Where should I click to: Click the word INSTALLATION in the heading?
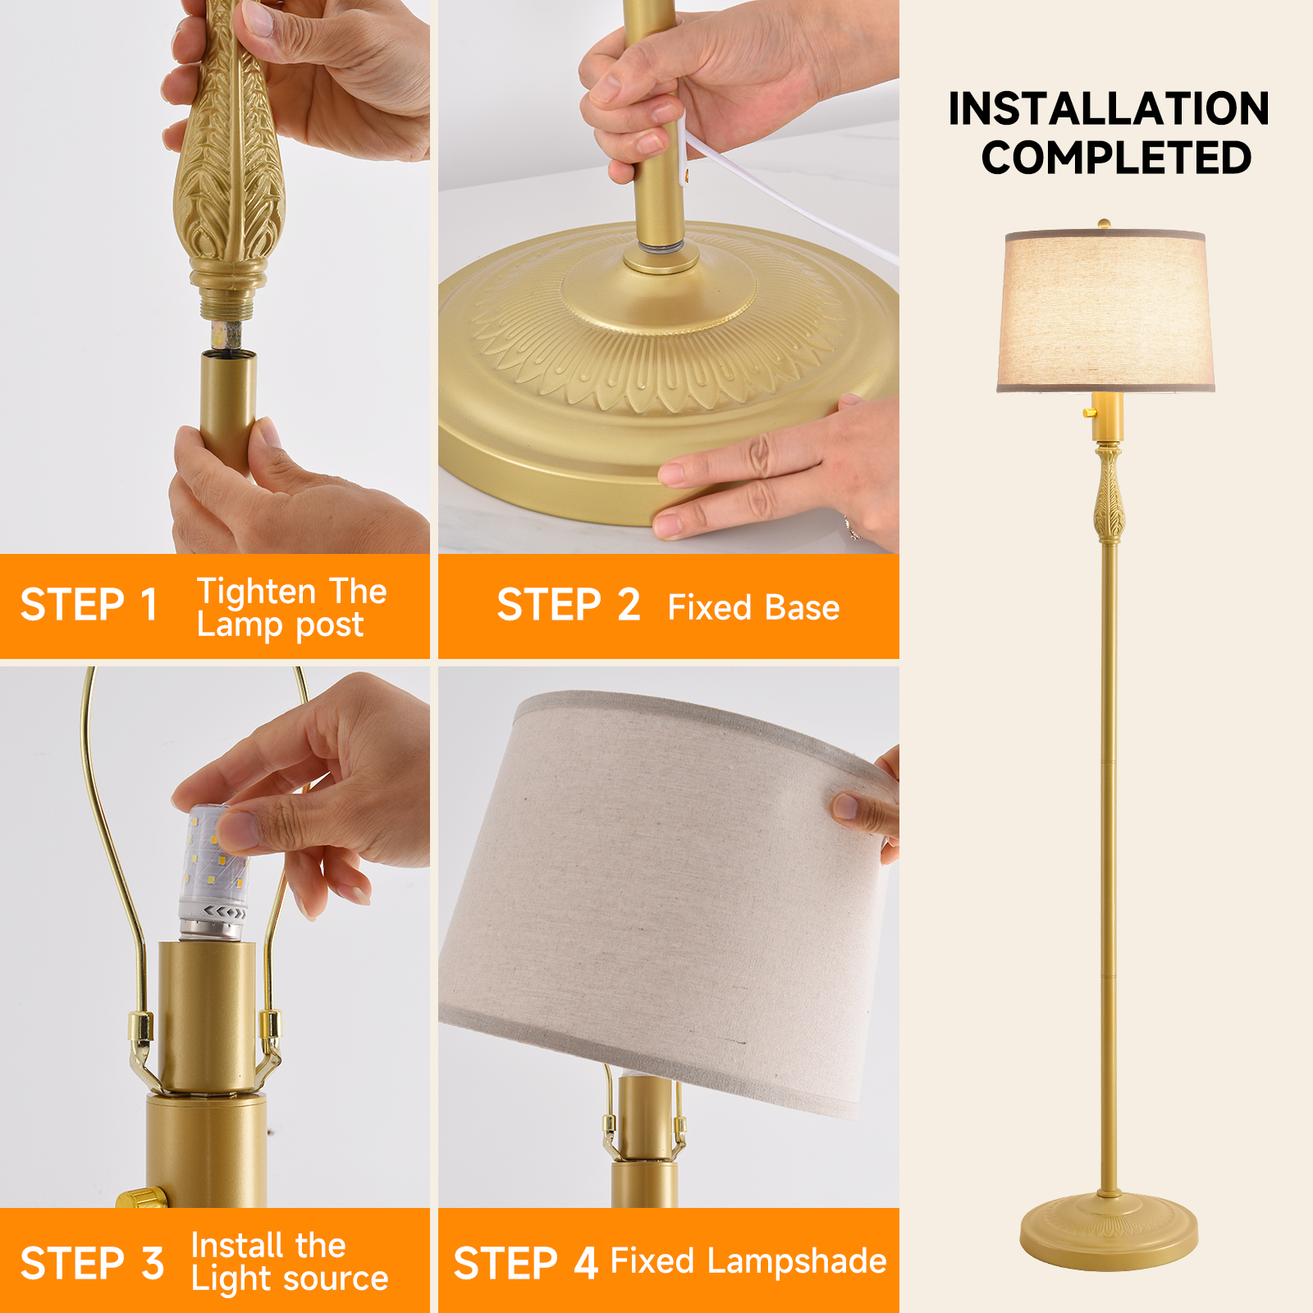coord(1109,108)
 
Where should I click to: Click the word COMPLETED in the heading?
coord(1116,158)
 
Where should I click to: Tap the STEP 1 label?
coord(89,606)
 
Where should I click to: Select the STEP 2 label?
coord(568,606)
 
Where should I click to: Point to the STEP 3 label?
coord(92,1264)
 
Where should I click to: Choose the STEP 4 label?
coord(525,1264)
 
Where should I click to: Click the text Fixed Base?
coord(753,608)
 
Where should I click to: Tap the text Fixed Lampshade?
coord(748,1262)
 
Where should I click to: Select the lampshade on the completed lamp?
coord(1106,311)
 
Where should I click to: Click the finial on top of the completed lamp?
coord(1105,224)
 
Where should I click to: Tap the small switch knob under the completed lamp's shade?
coord(1091,411)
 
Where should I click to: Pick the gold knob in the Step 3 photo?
coord(142,1197)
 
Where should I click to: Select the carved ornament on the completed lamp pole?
coord(1108,493)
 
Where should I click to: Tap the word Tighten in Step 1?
coord(257,592)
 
